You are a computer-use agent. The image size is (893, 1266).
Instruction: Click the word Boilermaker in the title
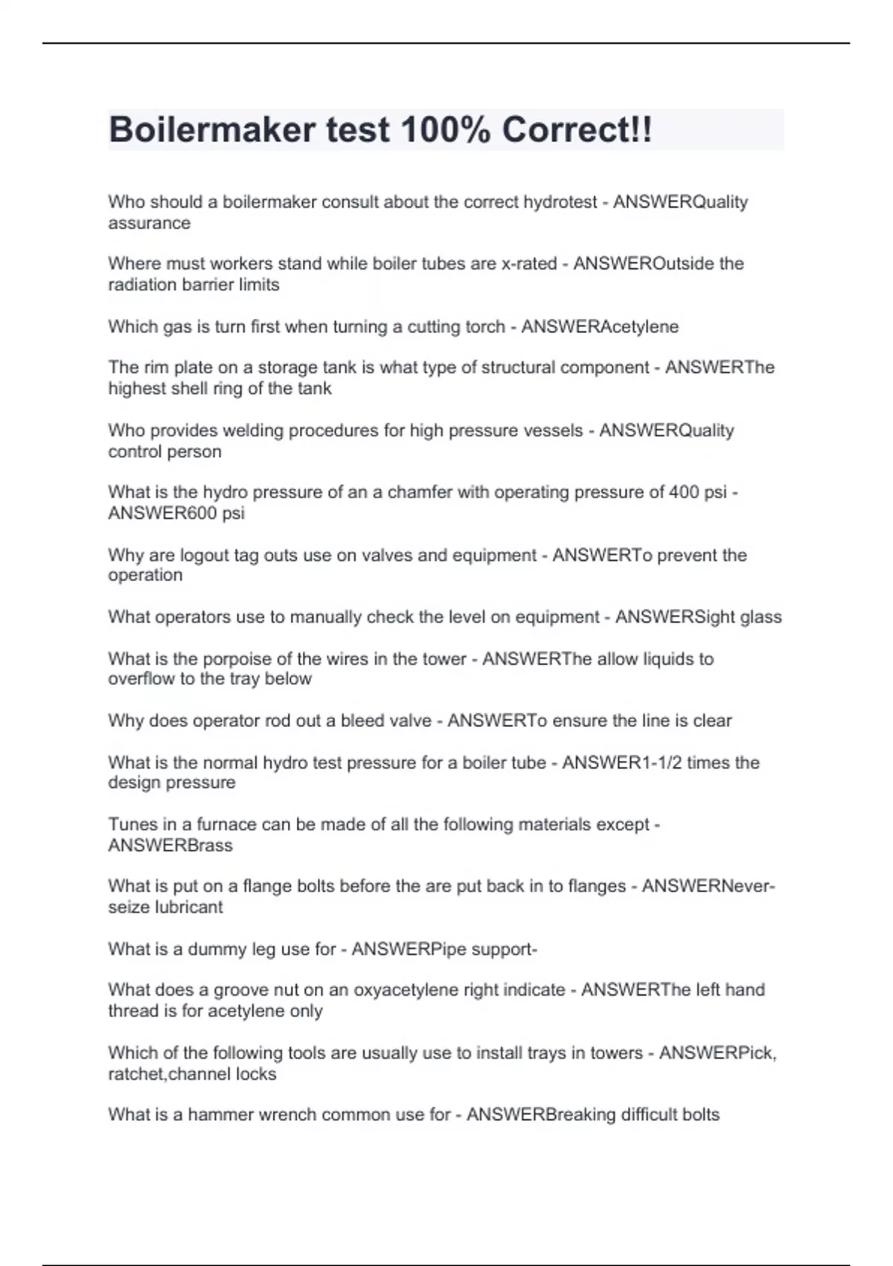[x=212, y=130]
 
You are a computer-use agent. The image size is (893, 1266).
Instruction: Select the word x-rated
[x=529, y=264]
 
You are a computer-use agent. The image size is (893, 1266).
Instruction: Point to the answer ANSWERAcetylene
[x=600, y=326]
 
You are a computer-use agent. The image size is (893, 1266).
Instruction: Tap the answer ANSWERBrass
[x=170, y=845]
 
